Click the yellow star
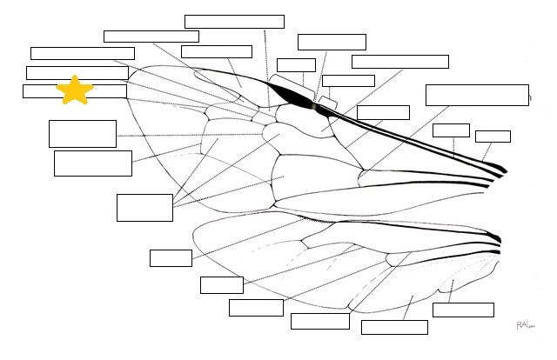pyautogui.click(x=75, y=90)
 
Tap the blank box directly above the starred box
pyautogui.click(x=77, y=72)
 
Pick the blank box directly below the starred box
pyautogui.click(x=83, y=133)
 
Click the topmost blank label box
pyautogui.click(x=234, y=22)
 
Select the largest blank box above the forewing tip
pyautogui.click(x=477, y=95)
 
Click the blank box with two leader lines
pyautogui.click(x=144, y=207)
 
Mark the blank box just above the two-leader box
pyautogui.click(x=92, y=163)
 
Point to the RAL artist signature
pyautogui.click(x=524, y=324)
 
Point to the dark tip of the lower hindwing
pyautogui.click(x=495, y=237)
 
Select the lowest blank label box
pyautogui.click(x=394, y=327)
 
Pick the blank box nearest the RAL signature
pyautogui.click(x=462, y=310)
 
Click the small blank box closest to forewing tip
pyautogui.click(x=493, y=136)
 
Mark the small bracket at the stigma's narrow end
pyautogui.click(x=328, y=102)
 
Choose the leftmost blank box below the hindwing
pyautogui.click(x=171, y=257)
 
